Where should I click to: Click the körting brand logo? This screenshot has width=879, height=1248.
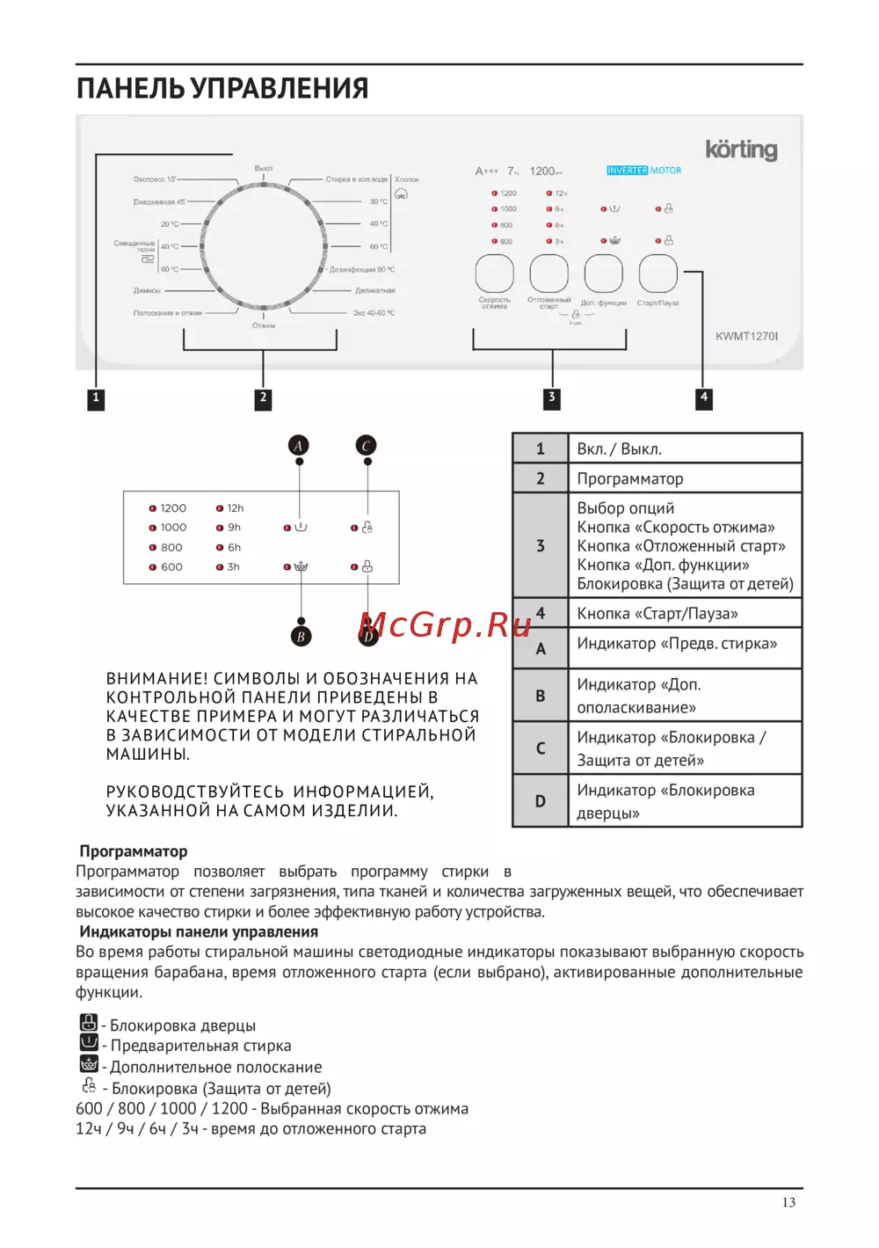click(741, 150)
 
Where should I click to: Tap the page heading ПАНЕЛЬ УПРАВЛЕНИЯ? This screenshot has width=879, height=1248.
click(222, 89)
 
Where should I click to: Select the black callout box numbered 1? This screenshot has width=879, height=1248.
click(96, 398)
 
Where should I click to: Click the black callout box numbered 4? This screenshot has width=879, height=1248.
click(703, 398)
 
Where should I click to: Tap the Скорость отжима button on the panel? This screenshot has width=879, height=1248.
click(495, 274)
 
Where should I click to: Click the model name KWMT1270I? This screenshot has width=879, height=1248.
click(746, 336)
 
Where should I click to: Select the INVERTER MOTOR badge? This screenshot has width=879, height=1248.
click(643, 171)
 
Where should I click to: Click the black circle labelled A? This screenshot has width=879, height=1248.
click(299, 446)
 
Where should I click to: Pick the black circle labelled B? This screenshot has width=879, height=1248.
click(301, 636)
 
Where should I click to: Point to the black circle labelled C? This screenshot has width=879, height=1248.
click(367, 446)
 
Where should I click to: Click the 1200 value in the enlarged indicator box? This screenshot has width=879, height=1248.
click(173, 508)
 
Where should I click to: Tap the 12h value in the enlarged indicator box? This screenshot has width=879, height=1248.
click(235, 508)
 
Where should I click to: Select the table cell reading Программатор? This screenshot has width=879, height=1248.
click(630, 478)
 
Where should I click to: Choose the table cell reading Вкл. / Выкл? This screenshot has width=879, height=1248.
click(620, 449)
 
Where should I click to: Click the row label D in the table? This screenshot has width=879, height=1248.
click(541, 801)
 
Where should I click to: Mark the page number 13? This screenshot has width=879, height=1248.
click(788, 1202)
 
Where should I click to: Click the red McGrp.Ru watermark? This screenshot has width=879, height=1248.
click(446, 625)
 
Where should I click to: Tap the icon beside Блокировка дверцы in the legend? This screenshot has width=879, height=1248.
click(89, 1023)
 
